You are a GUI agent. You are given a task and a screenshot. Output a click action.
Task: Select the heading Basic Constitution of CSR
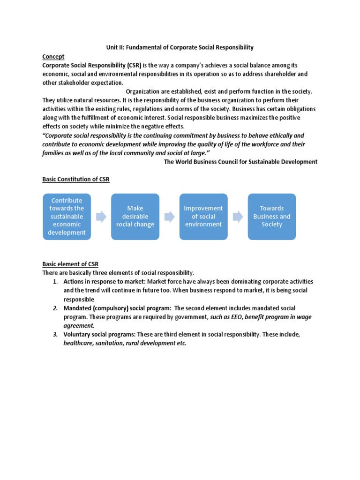point(76,180)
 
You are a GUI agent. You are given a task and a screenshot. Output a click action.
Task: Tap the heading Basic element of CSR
point(70,264)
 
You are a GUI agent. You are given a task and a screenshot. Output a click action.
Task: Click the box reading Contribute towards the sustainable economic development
point(67,217)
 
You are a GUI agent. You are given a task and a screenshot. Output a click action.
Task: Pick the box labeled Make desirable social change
point(135,217)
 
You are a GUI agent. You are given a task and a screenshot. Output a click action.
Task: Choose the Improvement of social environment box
point(203,217)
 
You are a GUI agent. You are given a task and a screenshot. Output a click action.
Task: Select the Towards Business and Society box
point(272,217)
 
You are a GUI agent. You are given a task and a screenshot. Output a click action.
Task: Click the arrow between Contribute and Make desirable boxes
point(101,217)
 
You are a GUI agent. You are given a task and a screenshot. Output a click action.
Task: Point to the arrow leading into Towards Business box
point(238,217)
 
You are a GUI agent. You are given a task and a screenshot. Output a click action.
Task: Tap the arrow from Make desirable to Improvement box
point(169,217)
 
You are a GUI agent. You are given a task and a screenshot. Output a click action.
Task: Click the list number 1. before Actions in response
point(54,282)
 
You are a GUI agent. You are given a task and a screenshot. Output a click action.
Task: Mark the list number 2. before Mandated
point(54,308)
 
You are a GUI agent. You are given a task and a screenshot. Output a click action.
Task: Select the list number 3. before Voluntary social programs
point(54,335)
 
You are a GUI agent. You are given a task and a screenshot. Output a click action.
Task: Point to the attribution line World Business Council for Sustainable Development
point(240,162)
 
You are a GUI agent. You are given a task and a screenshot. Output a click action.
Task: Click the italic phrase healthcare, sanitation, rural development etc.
point(125,343)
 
